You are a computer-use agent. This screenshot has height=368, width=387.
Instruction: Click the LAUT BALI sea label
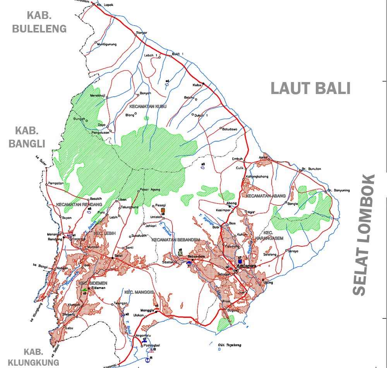click(x=310, y=88)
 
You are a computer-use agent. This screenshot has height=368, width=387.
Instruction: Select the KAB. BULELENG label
click(x=39, y=22)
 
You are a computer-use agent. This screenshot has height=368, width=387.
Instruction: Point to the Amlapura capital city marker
click(x=236, y=271)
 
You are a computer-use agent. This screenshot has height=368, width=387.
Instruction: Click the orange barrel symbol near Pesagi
click(x=163, y=211)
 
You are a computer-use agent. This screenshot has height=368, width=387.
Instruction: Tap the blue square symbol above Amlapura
click(x=240, y=262)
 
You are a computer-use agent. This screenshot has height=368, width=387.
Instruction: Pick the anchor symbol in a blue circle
click(x=147, y=359)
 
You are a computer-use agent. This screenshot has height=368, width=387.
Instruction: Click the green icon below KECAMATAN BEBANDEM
click(x=180, y=253)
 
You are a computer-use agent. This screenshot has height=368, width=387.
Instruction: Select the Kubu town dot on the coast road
click(x=203, y=84)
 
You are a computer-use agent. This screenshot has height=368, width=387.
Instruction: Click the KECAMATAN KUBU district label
click(x=148, y=106)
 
